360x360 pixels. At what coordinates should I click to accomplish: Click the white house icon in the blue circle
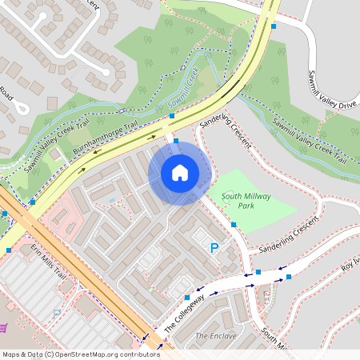[x=180, y=173]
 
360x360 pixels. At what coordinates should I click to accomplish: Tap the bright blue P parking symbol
[x=214, y=249]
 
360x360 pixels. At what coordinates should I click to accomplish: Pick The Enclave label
[x=216, y=336]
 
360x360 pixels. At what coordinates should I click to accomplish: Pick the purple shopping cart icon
[x=3, y=327]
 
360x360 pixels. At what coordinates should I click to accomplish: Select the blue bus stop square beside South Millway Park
[x=234, y=225]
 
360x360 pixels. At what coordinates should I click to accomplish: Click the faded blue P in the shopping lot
[x=56, y=312]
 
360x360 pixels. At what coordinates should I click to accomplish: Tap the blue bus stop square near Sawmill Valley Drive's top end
[x=274, y=26]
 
